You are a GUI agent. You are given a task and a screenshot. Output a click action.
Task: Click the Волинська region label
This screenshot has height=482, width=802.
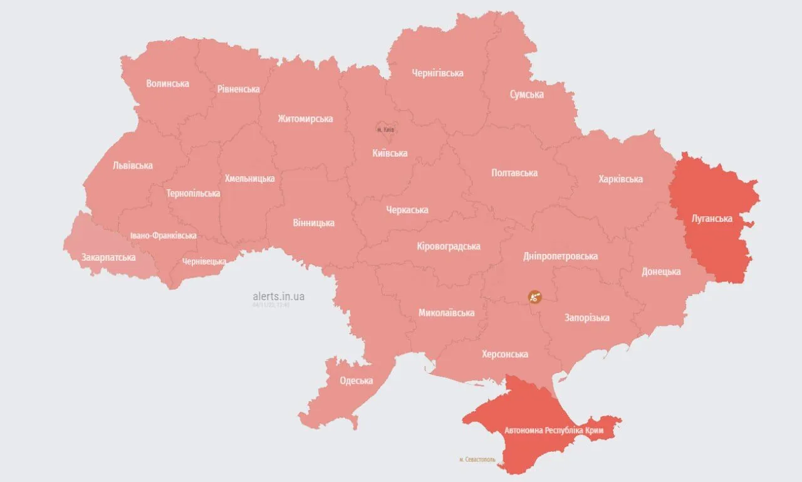(x=167, y=83)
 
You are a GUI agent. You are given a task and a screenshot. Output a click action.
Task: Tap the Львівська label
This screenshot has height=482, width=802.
(x=132, y=166)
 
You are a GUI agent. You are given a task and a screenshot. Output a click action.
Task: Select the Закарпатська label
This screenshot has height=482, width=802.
(x=108, y=257)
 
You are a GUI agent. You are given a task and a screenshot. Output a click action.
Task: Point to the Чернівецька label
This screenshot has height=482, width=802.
(x=204, y=261)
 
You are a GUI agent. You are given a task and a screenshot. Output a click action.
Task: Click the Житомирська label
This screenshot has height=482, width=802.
(x=305, y=118)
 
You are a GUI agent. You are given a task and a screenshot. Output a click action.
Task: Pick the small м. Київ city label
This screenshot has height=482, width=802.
(x=385, y=130)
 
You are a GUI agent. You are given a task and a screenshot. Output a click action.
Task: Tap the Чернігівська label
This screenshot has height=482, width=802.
(x=437, y=73)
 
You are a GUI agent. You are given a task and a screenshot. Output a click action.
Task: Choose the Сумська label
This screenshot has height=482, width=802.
(x=526, y=95)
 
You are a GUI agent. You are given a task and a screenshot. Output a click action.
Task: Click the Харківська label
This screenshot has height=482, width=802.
(x=620, y=179)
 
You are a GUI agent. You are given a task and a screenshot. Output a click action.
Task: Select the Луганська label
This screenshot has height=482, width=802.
(x=711, y=219)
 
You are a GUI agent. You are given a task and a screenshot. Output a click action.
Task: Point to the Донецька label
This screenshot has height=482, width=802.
(x=661, y=272)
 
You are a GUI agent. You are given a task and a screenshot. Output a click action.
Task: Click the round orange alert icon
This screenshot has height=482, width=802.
(x=534, y=297)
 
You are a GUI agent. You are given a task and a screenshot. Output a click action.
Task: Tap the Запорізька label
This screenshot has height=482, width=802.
(x=586, y=318)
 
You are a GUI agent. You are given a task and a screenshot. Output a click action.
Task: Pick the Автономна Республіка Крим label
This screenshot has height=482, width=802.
(x=544, y=431)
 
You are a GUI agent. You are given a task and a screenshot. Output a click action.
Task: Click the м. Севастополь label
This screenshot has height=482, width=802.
(x=477, y=459)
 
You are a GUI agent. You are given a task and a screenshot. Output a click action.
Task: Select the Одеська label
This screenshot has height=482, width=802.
(x=356, y=380)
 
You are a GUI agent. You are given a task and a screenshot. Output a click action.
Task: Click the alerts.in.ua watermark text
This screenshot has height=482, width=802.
(x=278, y=296)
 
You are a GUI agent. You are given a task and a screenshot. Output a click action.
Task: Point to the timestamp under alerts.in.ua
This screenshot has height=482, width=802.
(x=271, y=305)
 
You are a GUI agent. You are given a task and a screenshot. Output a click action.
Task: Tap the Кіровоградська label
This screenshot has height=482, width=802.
(x=448, y=246)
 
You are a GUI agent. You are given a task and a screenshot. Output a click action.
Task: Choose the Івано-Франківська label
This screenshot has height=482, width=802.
(x=163, y=236)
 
